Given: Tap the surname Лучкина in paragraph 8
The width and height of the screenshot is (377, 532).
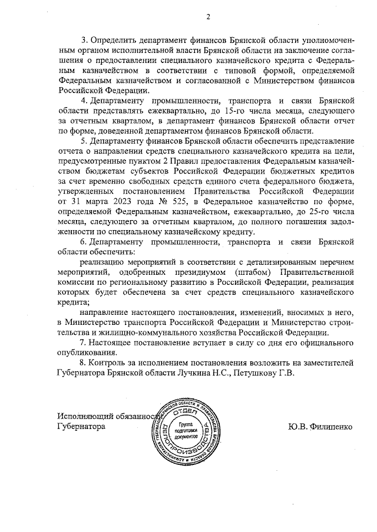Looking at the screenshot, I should click(188, 373).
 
